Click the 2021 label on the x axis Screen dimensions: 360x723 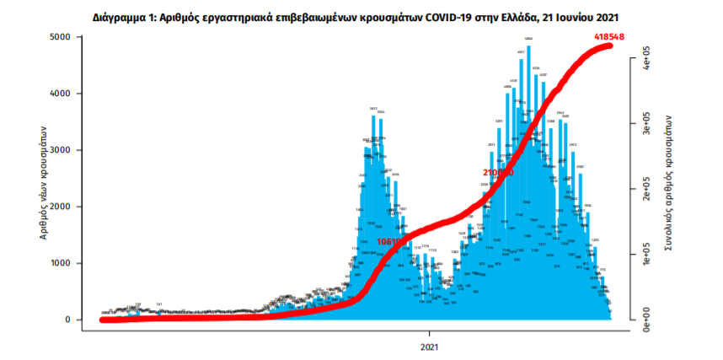pos(429,346)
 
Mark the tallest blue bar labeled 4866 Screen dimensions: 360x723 pos(528,169)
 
